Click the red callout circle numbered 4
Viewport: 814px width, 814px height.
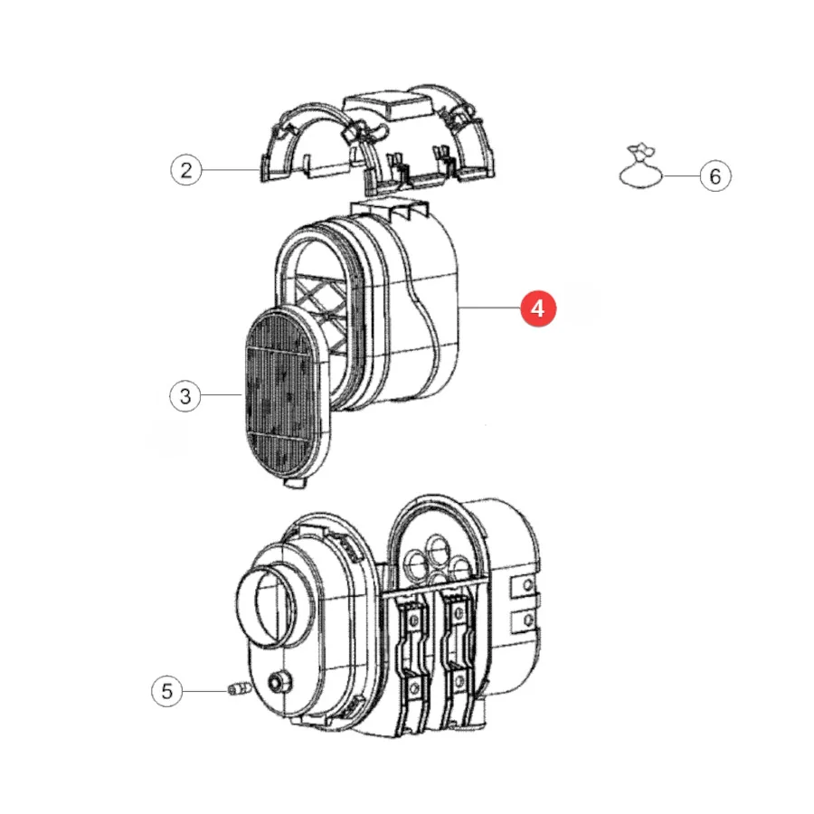pos(538,308)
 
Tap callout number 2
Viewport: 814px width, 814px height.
pos(185,170)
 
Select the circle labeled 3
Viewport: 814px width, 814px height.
pos(185,396)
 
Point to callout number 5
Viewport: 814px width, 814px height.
pos(166,691)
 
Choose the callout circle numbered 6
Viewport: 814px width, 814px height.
pos(715,176)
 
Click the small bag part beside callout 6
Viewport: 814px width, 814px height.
pos(640,167)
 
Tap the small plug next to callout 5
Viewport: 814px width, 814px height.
pos(240,689)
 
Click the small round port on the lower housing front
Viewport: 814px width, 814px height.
pos(279,682)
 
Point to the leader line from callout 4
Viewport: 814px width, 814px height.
pos(489,308)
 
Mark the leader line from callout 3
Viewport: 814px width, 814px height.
pos(222,395)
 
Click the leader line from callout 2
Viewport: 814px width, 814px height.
pos(230,170)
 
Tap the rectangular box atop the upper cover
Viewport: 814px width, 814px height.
pos(388,104)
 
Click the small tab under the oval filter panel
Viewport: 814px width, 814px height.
pos(295,482)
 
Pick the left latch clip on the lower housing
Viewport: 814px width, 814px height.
pos(413,650)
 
